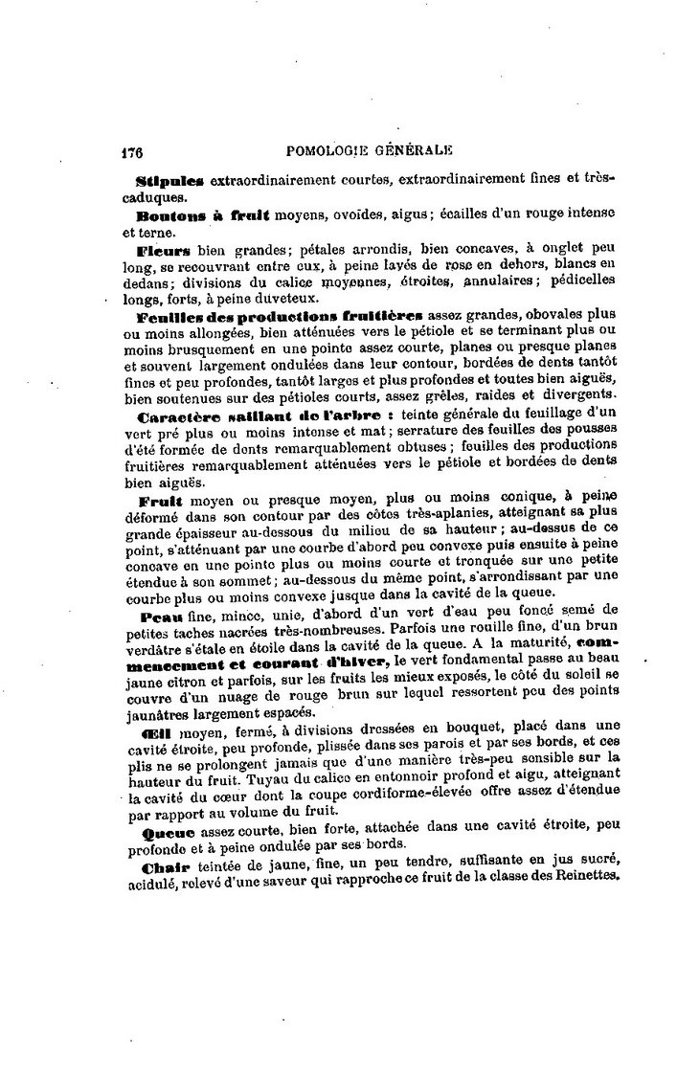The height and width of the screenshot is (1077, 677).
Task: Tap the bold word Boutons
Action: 168,216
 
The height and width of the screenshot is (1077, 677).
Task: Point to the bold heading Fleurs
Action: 162,251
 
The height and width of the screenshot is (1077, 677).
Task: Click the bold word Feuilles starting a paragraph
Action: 168,316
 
